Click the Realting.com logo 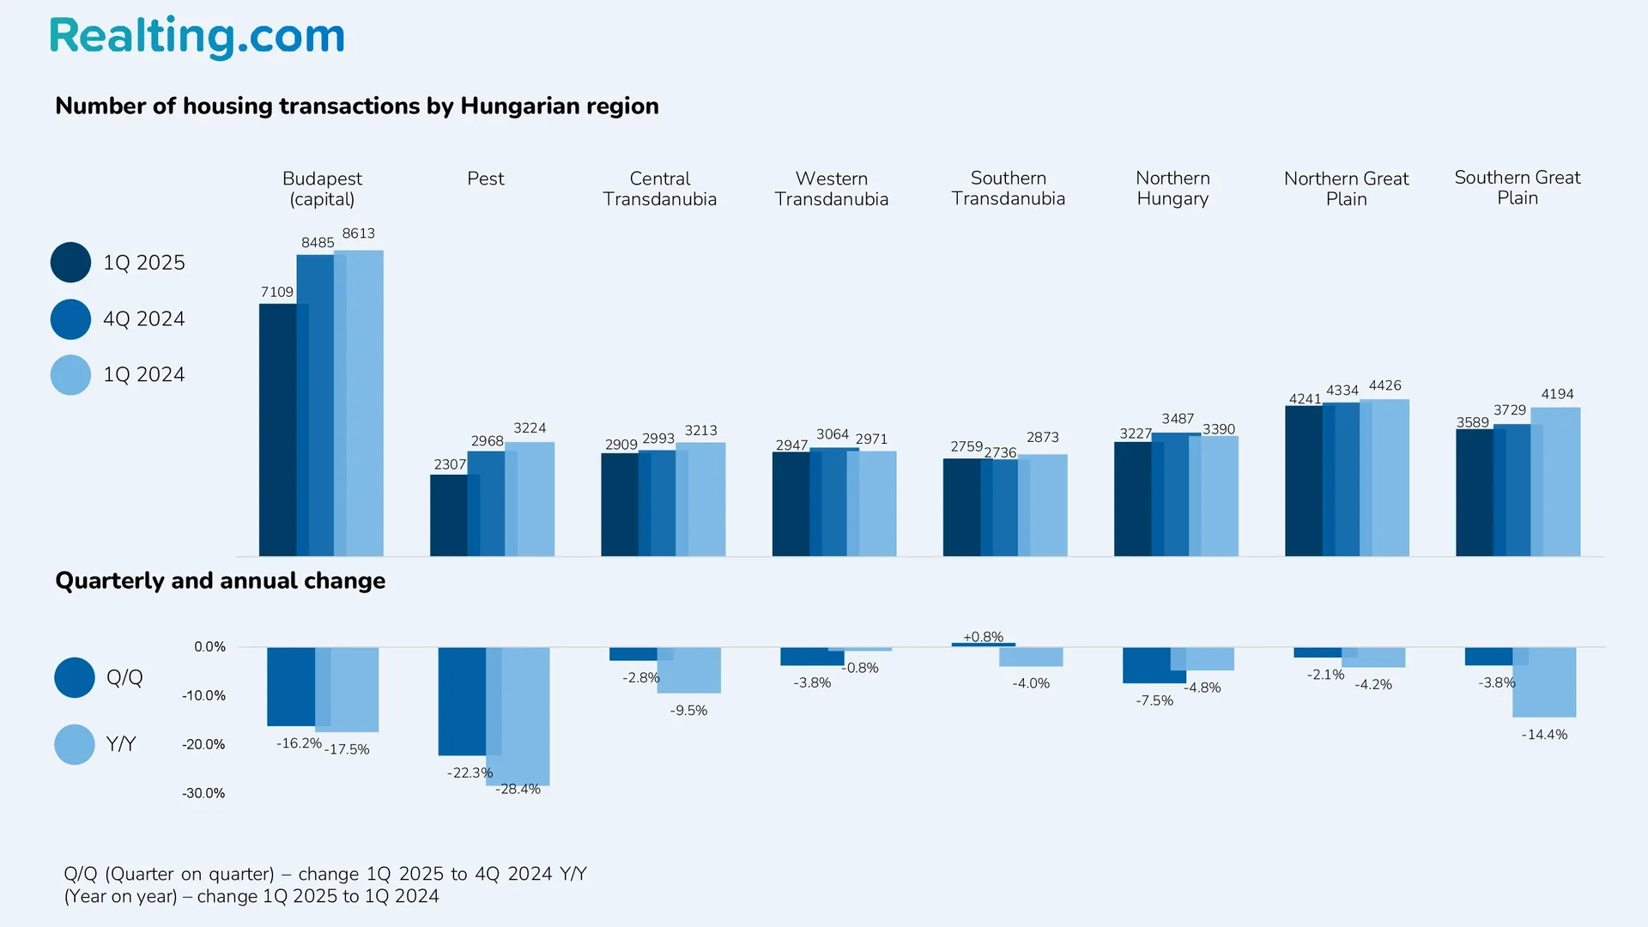click(197, 37)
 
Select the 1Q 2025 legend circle click(70, 263)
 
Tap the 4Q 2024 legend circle click(70, 319)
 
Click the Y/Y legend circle click(75, 744)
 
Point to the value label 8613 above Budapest click(358, 233)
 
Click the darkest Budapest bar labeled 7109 click(277, 429)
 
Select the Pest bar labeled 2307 click(448, 515)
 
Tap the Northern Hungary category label click(1172, 188)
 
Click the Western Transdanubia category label click(831, 189)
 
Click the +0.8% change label click(983, 637)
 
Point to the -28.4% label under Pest click(518, 790)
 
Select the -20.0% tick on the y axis click(203, 745)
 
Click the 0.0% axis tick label click(209, 647)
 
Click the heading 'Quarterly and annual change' click(220, 581)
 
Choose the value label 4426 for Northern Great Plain click(1384, 386)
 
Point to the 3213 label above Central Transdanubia click(700, 431)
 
